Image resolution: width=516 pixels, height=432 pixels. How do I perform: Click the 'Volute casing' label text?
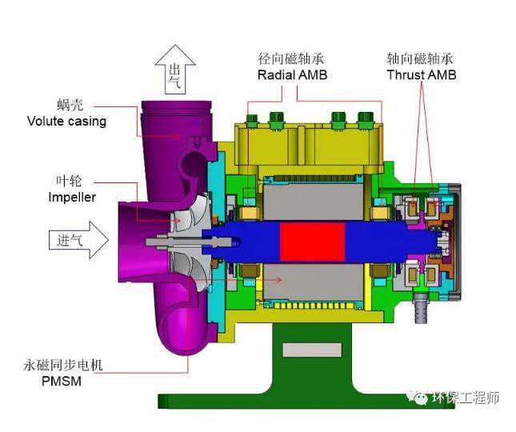click(66, 122)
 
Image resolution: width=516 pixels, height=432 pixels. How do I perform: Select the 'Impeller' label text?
click(72, 198)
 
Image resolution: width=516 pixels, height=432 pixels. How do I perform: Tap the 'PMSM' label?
click(62, 382)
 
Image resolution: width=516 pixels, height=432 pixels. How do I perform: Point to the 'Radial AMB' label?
click(292, 75)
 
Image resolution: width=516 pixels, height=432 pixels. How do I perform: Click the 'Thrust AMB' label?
click(422, 74)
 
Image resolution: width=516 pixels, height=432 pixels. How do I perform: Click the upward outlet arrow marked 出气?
click(175, 70)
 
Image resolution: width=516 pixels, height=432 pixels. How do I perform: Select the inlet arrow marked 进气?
click(78, 240)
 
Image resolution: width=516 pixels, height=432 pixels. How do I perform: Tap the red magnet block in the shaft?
click(312, 242)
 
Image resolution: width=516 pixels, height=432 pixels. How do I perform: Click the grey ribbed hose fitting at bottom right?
click(421, 309)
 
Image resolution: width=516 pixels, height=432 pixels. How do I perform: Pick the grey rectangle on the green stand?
click(312, 350)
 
